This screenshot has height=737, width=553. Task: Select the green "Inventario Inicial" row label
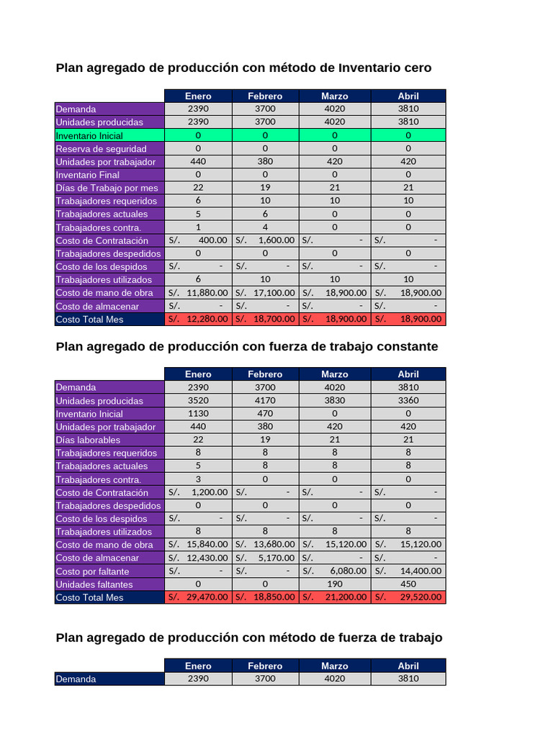pyautogui.click(x=89, y=135)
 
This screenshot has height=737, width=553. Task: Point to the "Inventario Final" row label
pyautogui.click(x=88, y=175)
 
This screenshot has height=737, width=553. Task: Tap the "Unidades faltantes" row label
pyautogui.click(x=94, y=584)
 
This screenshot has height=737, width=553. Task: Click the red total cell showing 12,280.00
pyautogui.click(x=198, y=319)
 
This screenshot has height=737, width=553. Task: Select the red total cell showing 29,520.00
pyautogui.click(x=408, y=597)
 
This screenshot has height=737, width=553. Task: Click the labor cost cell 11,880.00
pyautogui.click(x=198, y=293)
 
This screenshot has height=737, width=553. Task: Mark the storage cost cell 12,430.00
pyautogui.click(x=198, y=558)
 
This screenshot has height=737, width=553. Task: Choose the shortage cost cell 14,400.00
pyautogui.click(x=408, y=571)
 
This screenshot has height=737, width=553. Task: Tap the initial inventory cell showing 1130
pyautogui.click(x=198, y=414)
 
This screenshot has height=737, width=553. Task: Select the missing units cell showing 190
pyautogui.click(x=334, y=584)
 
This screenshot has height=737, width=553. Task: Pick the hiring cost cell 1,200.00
pyautogui.click(x=198, y=492)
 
